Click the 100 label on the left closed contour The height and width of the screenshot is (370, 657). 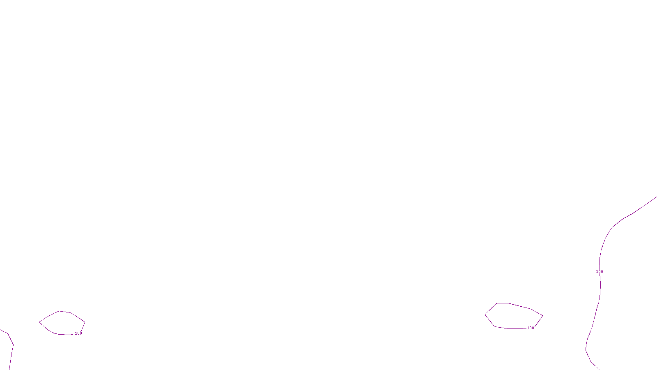(x=78, y=333)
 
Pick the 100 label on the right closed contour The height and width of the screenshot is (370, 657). (x=531, y=328)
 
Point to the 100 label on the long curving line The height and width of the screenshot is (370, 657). (x=600, y=272)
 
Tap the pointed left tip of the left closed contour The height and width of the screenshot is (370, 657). (x=39, y=322)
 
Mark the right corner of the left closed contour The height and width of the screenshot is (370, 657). (x=85, y=321)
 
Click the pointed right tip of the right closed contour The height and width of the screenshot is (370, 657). (x=542, y=316)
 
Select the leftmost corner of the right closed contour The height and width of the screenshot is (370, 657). (x=485, y=315)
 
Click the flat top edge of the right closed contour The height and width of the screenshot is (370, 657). (x=503, y=303)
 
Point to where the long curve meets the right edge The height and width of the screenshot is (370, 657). (x=656, y=197)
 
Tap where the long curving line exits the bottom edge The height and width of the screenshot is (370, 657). (x=599, y=369)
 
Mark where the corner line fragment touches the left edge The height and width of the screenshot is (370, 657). (x=0, y=330)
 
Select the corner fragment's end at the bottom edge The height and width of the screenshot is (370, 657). (x=9, y=369)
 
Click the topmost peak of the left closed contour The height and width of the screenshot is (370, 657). (x=59, y=311)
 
